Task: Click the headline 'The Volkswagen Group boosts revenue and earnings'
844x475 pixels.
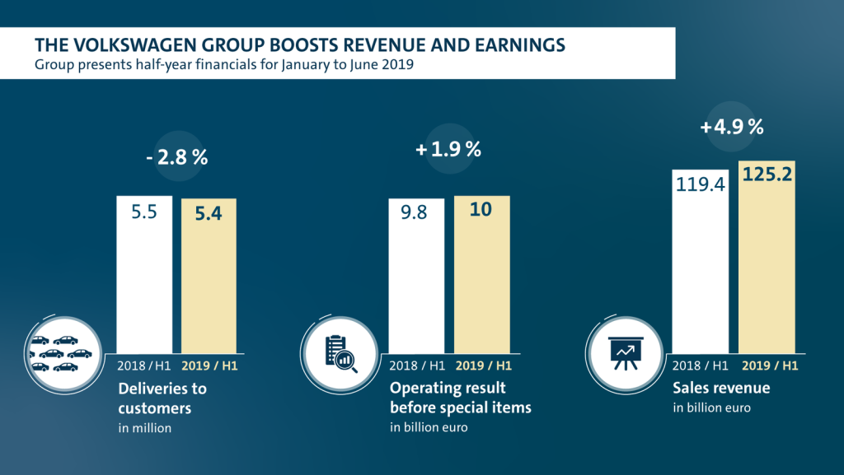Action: (300, 43)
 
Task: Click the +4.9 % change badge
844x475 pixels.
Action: (731, 128)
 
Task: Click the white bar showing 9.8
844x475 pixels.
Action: (416, 275)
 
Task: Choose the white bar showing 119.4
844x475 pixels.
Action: (701, 260)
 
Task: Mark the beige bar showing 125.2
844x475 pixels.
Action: (767, 255)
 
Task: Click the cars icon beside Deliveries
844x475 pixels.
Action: (60, 353)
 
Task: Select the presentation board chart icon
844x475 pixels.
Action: (624, 352)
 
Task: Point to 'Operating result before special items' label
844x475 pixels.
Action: (460, 397)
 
